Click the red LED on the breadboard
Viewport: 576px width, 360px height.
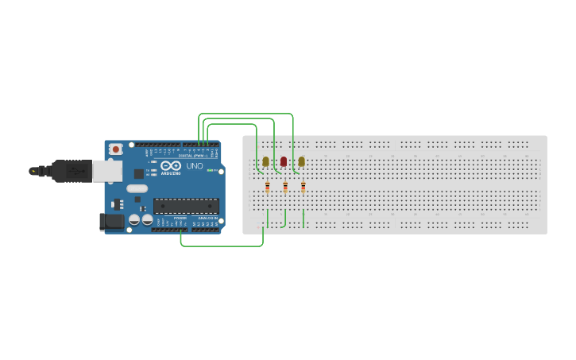(284, 161)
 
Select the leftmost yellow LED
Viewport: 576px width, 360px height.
(265, 161)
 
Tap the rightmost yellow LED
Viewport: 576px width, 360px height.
(301, 161)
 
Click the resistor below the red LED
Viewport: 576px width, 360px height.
(285, 188)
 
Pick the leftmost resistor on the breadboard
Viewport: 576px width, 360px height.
(267, 188)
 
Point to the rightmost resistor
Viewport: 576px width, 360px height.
(303, 188)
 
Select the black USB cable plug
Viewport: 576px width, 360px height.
(72, 170)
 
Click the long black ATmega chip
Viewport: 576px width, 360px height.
(186, 206)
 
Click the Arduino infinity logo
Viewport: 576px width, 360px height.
(170, 166)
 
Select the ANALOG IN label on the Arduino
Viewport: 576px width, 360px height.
(207, 217)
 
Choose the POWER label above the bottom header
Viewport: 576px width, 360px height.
(180, 217)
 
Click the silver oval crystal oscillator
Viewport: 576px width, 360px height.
(137, 189)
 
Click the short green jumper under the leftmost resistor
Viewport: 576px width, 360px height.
(268, 218)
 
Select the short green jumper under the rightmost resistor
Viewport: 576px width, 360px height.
(304, 218)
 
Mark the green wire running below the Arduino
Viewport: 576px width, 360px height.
(222, 246)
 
